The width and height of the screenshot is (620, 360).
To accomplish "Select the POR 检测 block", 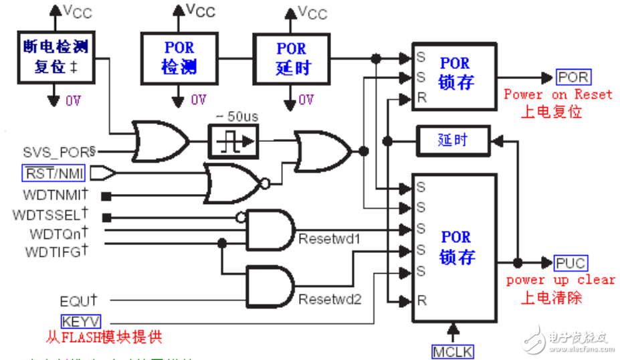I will pyautogui.click(x=179, y=58).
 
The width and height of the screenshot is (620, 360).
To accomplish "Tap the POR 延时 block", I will pyautogui.click(x=292, y=58).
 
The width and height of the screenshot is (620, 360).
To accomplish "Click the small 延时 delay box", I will pyautogui.click(x=453, y=141).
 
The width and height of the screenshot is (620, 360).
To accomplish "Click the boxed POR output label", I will pyautogui.click(x=573, y=77).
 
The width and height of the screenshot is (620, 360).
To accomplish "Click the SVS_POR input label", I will pyautogui.click(x=59, y=153).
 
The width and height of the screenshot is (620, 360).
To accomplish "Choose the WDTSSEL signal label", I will pyautogui.click(x=50, y=215).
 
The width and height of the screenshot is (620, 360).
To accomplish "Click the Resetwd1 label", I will pyautogui.click(x=329, y=238).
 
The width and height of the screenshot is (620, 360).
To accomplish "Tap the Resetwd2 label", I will pyautogui.click(x=329, y=299).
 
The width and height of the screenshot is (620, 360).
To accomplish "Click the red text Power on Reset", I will pyautogui.click(x=558, y=94).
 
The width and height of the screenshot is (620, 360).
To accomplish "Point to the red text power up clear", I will pyautogui.click(x=560, y=280).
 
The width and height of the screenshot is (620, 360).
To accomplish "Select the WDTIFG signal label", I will pyautogui.click(x=56, y=252).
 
